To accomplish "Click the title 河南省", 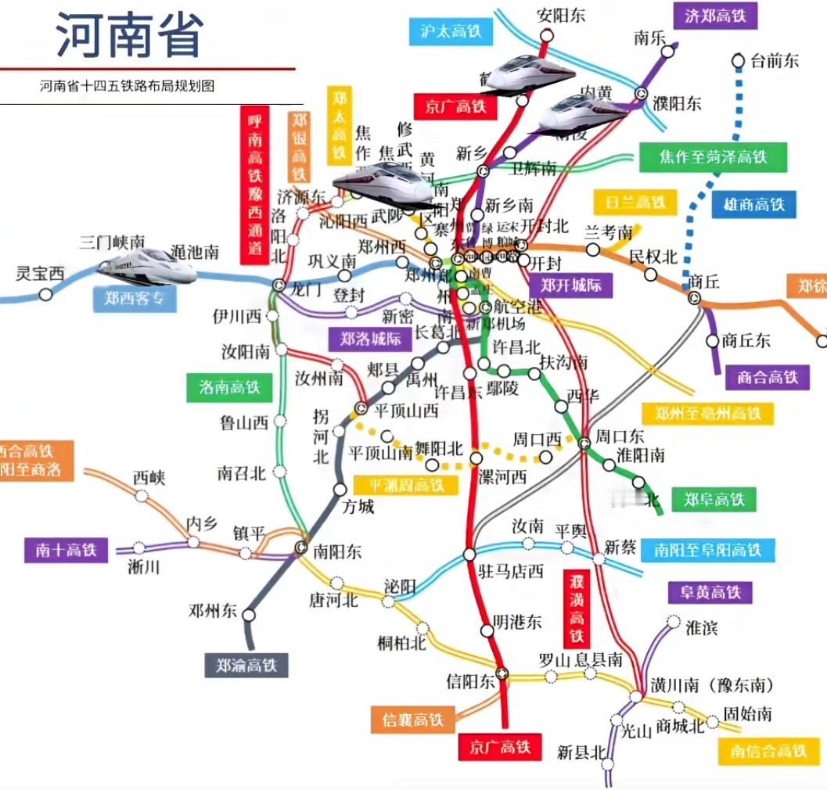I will point(130,35).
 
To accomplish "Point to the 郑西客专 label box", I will point(135,298).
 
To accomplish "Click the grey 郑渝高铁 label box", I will point(246,665).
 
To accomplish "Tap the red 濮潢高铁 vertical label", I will point(577,608).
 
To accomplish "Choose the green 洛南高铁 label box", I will point(229,386).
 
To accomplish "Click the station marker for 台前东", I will point(738,60).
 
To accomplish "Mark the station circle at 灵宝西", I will point(46,294).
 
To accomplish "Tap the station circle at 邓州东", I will point(249,615).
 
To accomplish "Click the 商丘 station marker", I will point(694,297).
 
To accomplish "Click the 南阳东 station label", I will point(337,551).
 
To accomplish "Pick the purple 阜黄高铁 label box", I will point(710,592).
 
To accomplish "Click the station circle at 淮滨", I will point(674,623).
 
